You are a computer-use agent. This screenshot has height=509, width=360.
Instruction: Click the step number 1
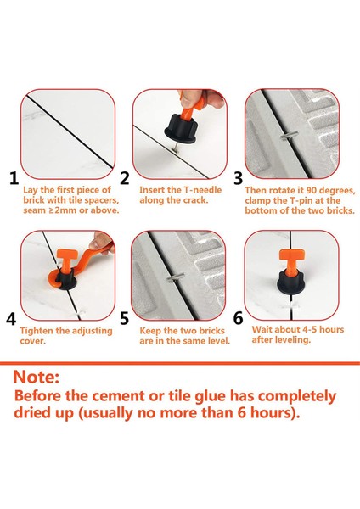coord(14,178)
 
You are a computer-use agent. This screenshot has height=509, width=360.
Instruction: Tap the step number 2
coord(125,178)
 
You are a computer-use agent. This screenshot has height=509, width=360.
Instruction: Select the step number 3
coord(238,178)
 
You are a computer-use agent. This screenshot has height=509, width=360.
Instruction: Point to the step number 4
coord(11,319)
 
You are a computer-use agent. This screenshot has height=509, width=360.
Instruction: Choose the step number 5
coord(125,318)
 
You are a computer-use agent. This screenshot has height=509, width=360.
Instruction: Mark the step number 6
coord(238,318)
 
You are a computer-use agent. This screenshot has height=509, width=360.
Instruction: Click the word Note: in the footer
coord(36,377)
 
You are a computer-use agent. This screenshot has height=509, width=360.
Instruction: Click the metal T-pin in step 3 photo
coord(290,136)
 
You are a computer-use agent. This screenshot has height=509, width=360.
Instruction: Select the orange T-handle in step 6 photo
coord(291,260)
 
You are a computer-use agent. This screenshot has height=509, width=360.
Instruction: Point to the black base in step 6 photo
coord(290,283)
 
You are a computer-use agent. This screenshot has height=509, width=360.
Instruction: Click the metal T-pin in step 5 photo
coord(176,277)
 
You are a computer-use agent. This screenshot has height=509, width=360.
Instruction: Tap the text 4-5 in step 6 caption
coord(310,329)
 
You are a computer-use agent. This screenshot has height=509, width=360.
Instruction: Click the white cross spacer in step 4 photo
coord(80,314)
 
